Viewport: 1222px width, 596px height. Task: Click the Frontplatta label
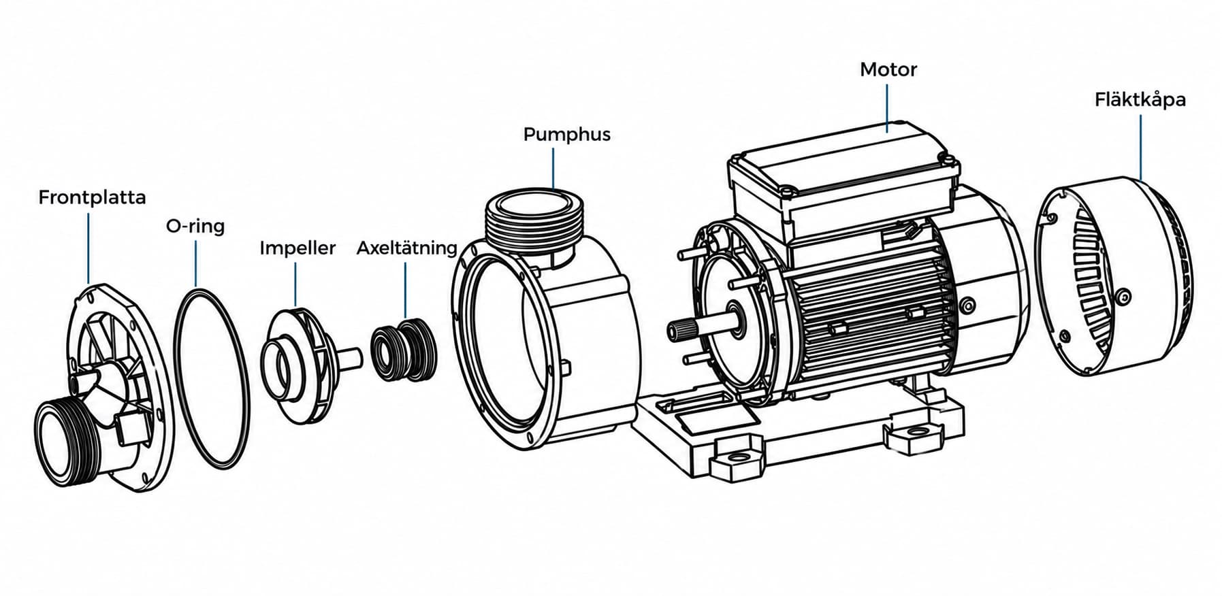point(92,197)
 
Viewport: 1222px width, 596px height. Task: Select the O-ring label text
point(195,226)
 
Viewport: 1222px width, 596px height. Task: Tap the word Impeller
point(298,248)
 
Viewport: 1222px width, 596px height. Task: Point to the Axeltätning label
point(407,248)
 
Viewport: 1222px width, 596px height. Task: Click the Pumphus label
point(566,134)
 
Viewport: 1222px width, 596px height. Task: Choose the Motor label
point(888,69)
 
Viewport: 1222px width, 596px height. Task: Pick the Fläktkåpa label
point(1140,100)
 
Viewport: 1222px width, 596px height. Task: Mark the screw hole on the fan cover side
point(1124,296)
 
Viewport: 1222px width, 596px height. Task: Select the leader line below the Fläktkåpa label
point(1140,146)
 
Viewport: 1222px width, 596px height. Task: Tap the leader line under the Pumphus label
point(553,168)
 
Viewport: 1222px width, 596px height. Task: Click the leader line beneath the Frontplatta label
point(89,248)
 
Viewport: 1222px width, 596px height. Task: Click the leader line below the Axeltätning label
point(405,290)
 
